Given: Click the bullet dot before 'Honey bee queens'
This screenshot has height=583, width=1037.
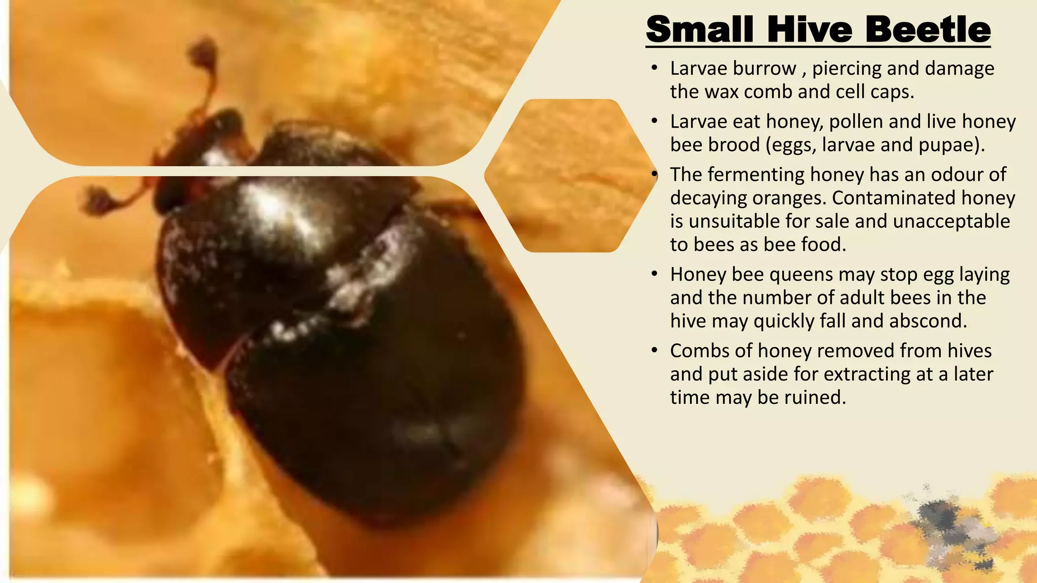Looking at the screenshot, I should point(655,274).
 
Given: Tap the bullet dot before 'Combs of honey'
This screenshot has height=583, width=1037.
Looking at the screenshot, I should point(655,350).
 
